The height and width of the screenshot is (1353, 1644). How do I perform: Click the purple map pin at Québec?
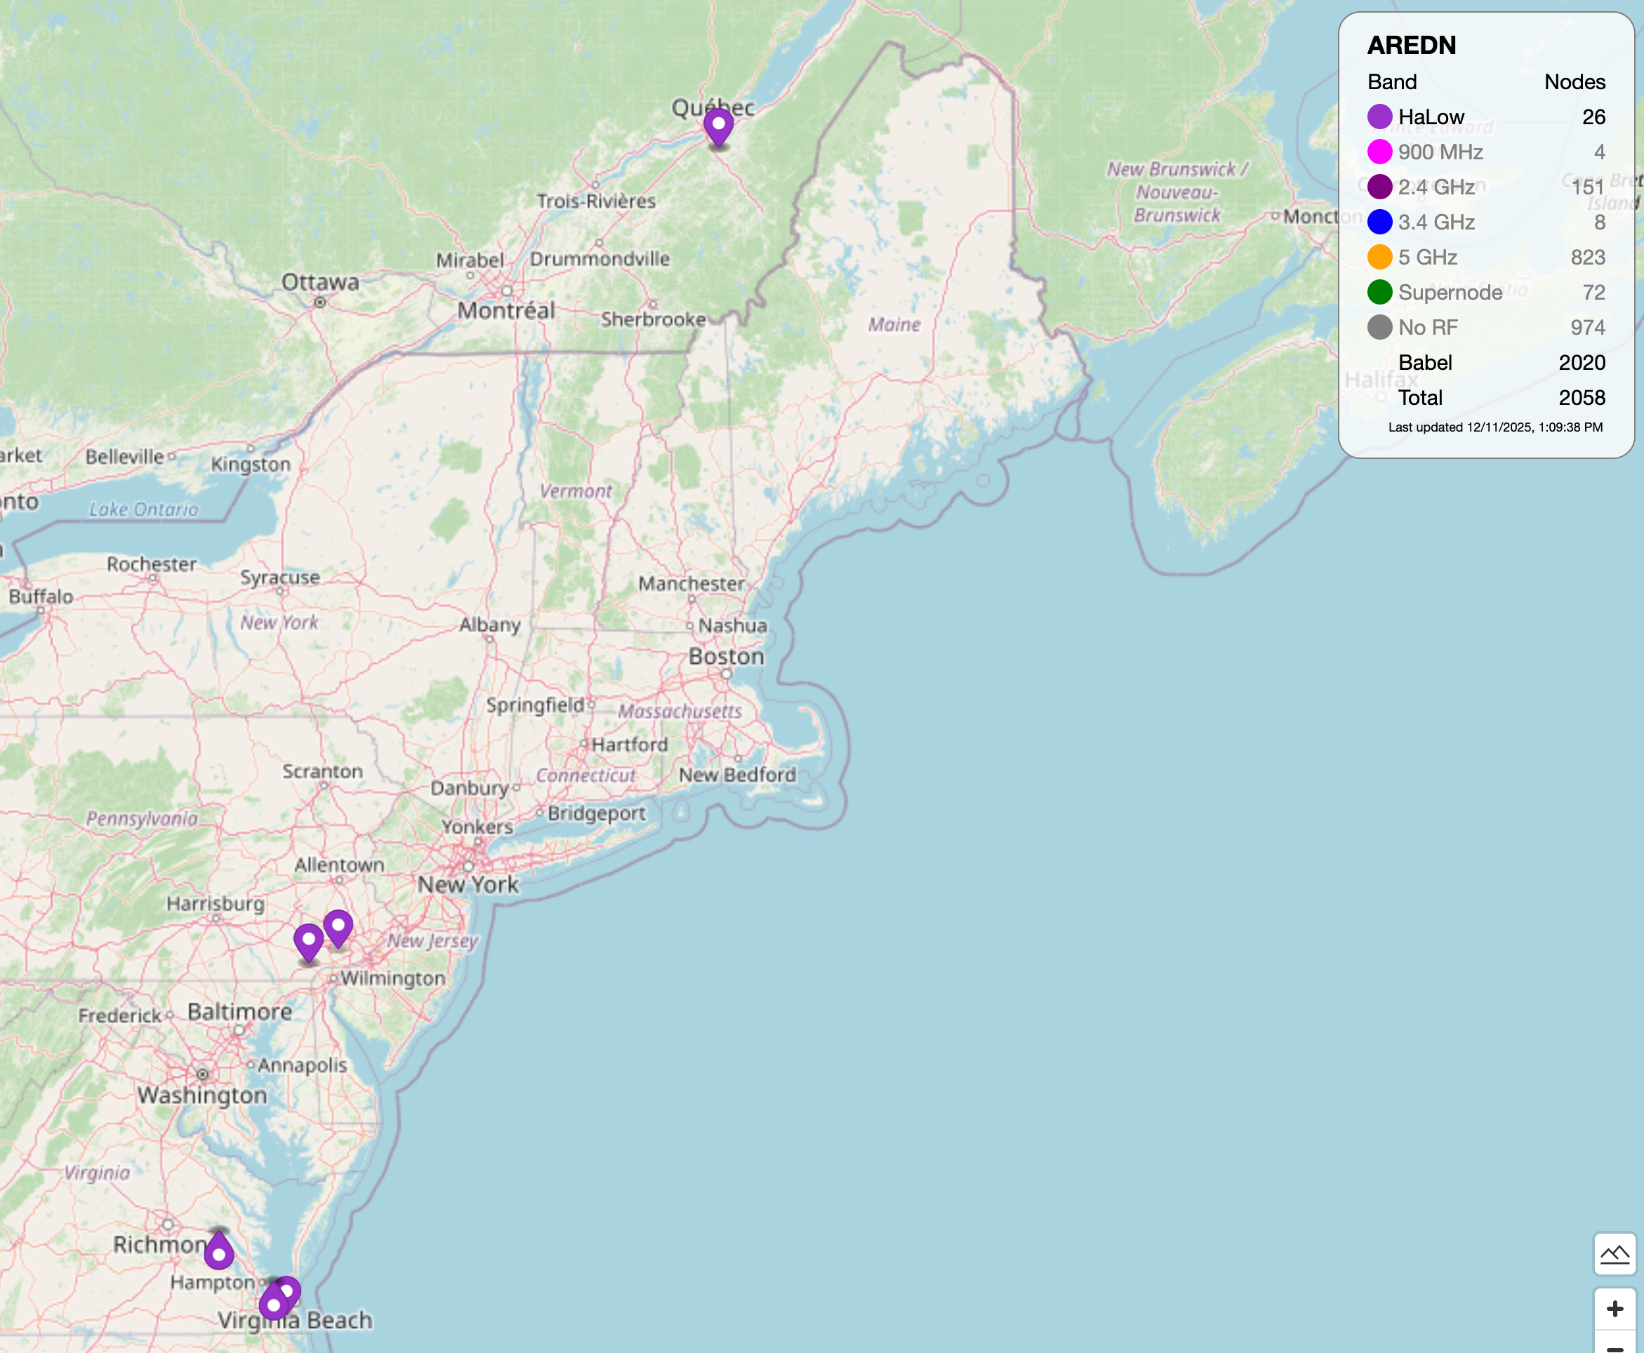718,126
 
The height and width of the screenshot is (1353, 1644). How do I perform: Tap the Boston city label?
726,656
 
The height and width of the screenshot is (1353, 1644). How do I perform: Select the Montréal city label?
506,311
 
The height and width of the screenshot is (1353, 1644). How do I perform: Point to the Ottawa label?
319,282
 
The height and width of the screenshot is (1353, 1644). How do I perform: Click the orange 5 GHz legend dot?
1379,257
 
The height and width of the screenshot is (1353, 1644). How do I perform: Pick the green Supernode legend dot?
1379,292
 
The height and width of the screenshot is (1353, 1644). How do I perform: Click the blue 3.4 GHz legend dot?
1379,222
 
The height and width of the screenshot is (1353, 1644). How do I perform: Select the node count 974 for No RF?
1587,327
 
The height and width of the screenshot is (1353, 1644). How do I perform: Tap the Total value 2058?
1582,397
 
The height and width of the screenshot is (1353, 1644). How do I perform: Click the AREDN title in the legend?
1411,45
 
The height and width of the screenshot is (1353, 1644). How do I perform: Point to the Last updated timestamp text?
1494,427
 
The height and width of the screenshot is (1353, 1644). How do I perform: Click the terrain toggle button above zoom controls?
1615,1254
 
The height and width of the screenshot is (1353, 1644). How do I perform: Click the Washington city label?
203,1095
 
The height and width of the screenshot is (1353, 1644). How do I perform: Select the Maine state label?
894,324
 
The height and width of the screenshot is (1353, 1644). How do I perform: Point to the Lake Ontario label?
143,509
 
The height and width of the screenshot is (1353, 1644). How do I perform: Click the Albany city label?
489,625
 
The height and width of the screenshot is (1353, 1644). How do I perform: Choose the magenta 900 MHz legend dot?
1379,152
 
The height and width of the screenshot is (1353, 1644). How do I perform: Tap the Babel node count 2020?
1582,362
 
